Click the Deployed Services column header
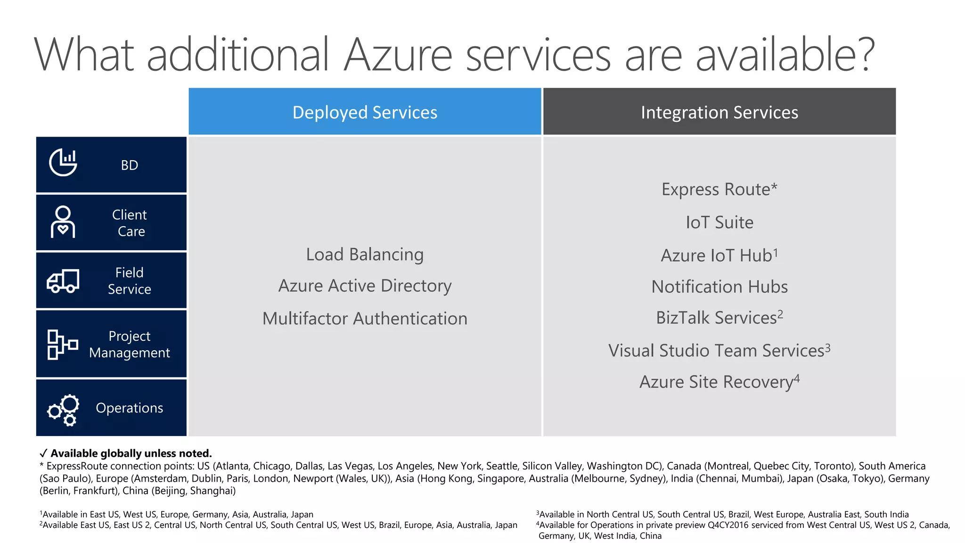click(365, 112)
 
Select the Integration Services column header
click(719, 112)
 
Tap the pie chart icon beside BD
click(63, 162)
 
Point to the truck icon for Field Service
click(63, 281)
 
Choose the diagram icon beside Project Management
click(62, 345)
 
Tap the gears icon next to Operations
click(63, 410)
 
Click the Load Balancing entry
click(365, 255)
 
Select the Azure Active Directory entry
click(365, 286)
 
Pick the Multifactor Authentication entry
click(365, 319)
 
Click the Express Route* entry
click(719, 189)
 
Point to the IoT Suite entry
click(719, 222)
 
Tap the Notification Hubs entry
click(719, 287)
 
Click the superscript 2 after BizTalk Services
click(780, 313)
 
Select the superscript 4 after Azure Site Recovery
click(797, 378)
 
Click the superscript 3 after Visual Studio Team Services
click(828, 347)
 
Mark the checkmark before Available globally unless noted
click(43, 453)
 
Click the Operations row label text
click(130, 408)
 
